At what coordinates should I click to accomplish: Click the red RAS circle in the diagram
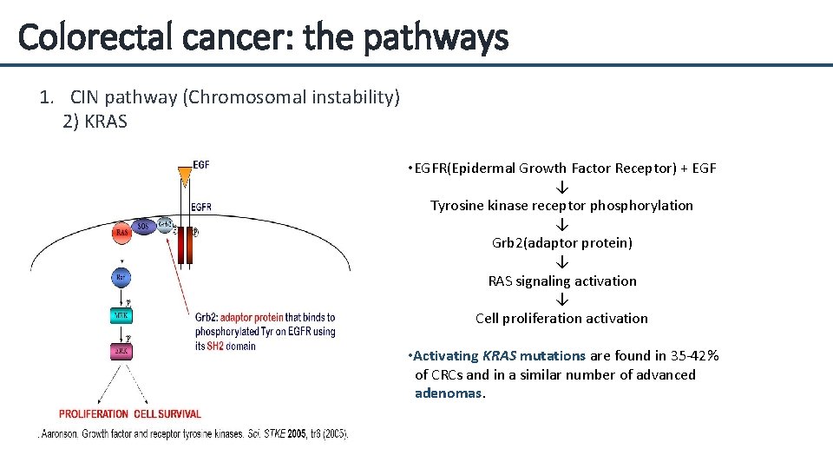click(x=123, y=232)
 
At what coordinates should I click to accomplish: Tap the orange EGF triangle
click(x=183, y=177)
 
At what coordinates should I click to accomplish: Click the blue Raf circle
click(x=122, y=278)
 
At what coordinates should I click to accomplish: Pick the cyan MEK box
click(x=122, y=316)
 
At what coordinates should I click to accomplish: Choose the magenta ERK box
click(x=122, y=352)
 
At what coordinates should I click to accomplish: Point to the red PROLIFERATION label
click(x=94, y=414)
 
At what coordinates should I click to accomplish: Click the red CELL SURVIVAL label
click(x=167, y=414)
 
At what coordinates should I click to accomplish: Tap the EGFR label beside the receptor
click(x=200, y=207)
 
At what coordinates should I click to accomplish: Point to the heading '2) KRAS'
click(x=95, y=122)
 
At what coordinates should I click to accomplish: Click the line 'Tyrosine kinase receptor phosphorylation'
click(x=561, y=206)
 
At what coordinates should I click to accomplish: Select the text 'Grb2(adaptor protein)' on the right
click(x=561, y=243)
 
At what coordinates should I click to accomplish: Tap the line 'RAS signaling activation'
click(x=561, y=281)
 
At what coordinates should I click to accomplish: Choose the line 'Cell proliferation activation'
click(x=561, y=318)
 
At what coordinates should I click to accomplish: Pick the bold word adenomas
click(x=449, y=393)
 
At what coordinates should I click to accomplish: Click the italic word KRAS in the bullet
click(x=499, y=355)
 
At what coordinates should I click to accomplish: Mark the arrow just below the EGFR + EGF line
click(x=561, y=187)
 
